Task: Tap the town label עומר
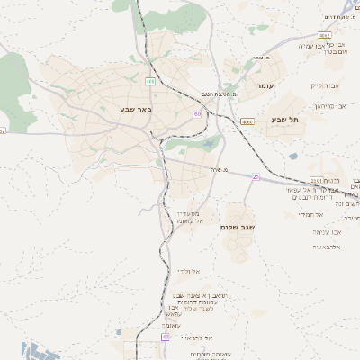click(x=264, y=85)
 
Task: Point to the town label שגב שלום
click(x=239, y=228)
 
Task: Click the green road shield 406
click(x=150, y=81)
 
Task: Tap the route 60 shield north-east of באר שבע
click(x=197, y=113)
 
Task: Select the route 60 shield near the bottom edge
click(x=166, y=337)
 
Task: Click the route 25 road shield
click(x=256, y=177)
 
